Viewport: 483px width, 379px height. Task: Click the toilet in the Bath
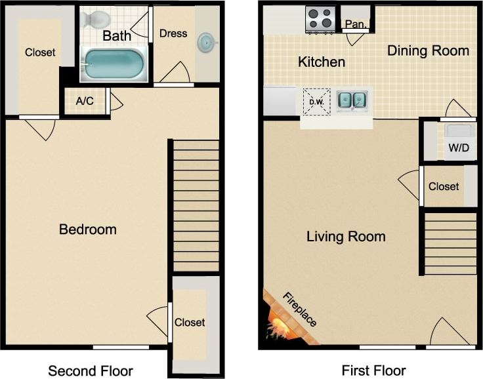click(x=96, y=20)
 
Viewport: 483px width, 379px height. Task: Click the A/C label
click(x=85, y=102)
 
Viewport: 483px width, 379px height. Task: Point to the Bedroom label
click(x=87, y=229)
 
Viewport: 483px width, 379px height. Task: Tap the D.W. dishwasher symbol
click(x=316, y=102)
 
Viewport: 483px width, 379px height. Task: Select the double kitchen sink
click(x=352, y=100)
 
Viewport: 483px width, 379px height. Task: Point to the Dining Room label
click(x=428, y=51)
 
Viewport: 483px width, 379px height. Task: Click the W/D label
click(x=458, y=148)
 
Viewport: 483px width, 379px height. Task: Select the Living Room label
click(x=346, y=237)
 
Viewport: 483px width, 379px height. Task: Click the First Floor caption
click(x=374, y=370)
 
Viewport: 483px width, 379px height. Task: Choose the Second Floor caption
click(x=91, y=370)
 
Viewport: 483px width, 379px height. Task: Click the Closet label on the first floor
click(x=444, y=187)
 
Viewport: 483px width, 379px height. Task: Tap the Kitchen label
click(x=322, y=62)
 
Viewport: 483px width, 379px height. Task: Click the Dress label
click(x=173, y=33)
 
